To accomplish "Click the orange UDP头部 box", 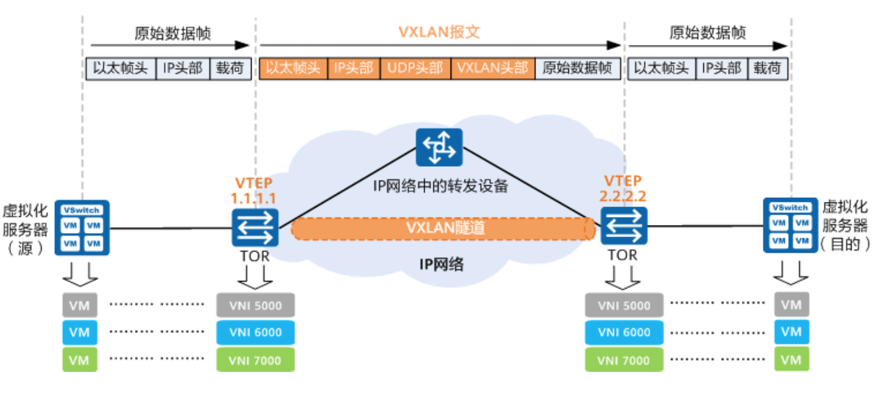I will click(416, 68).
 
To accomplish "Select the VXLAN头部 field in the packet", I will click(493, 68).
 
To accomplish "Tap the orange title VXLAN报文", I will click(439, 32).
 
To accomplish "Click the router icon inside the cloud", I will click(439, 147).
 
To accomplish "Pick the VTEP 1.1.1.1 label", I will click(253, 190).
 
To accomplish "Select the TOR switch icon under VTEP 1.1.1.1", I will click(255, 227).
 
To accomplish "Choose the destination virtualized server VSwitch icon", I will click(790, 225).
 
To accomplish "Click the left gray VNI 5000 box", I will click(255, 306).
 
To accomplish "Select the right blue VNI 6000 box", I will click(624, 333).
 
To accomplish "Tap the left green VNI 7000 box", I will click(255, 361).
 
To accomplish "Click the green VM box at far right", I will click(791, 361).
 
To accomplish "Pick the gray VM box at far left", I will click(79, 306).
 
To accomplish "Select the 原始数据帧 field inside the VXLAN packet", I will click(577, 68).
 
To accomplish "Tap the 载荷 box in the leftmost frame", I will click(230, 68).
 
